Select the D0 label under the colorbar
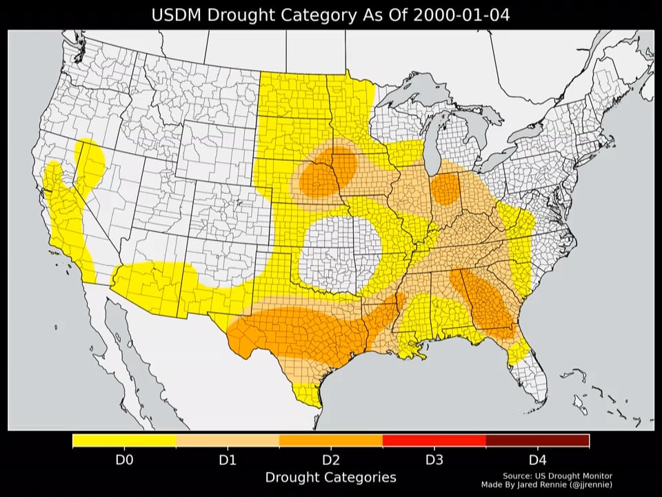click(124, 460)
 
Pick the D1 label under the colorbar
click(228, 460)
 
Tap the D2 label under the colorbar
click(331, 460)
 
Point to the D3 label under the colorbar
click(434, 460)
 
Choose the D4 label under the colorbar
click(537, 460)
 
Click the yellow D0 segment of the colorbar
click(124, 440)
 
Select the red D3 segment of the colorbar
click(434, 440)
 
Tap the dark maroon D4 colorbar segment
click(537, 440)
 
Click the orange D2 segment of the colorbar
click(331, 440)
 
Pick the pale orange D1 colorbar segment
click(228, 440)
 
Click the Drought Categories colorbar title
click(330, 478)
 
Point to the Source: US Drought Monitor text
click(557, 476)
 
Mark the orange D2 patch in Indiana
click(447, 189)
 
